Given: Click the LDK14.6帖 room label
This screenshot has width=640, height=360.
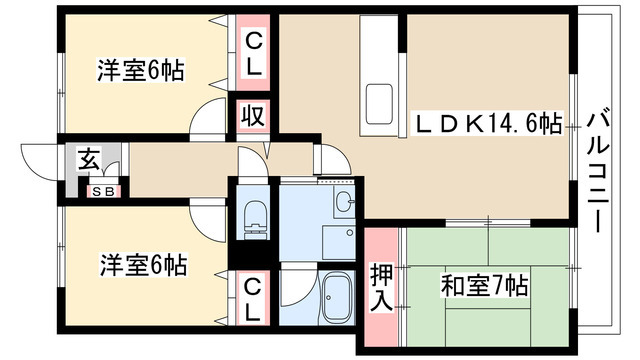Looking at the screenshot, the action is pyautogui.click(x=488, y=124).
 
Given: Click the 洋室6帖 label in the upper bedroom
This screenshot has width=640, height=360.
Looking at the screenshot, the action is pyautogui.click(x=141, y=71).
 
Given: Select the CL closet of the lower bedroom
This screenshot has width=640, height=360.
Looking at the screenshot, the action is pyautogui.click(x=253, y=298).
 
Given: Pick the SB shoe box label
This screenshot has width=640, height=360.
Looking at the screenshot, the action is pyautogui.click(x=102, y=190).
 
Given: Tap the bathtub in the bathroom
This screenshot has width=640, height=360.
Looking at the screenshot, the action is pyautogui.click(x=338, y=295).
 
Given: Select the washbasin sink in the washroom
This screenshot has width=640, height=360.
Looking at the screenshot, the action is pyautogui.click(x=344, y=204).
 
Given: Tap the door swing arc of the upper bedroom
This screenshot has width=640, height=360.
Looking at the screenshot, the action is pyautogui.click(x=212, y=118).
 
